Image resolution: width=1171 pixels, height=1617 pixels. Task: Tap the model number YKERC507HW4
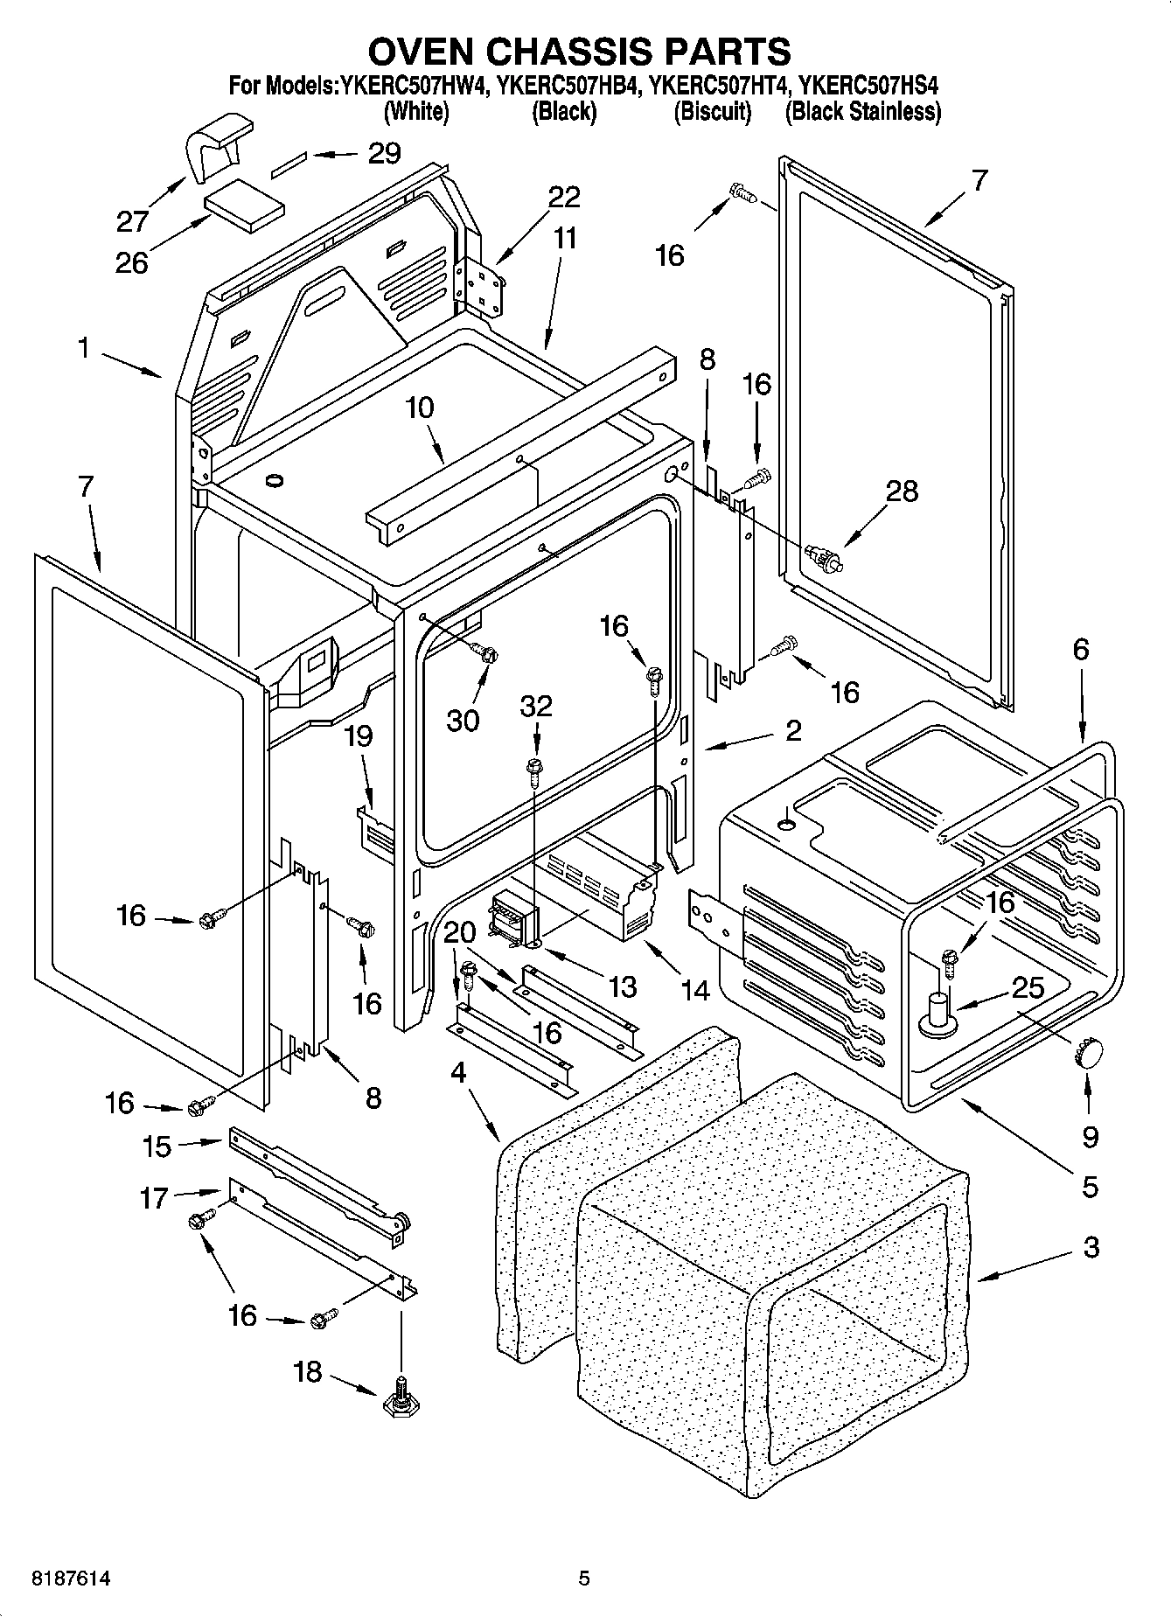point(412,87)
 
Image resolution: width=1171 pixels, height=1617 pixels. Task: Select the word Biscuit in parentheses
point(712,112)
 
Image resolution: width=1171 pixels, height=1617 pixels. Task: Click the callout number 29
point(383,154)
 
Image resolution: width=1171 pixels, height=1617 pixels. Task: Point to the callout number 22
point(563,197)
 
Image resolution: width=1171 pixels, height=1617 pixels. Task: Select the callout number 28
point(902,491)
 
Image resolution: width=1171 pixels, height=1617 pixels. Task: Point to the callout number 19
point(359,736)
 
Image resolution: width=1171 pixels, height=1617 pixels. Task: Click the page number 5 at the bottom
point(584,1579)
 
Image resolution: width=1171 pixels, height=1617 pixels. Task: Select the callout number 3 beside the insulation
point(1090,1247)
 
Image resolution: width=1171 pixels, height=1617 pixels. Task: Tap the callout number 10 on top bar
point(420,408)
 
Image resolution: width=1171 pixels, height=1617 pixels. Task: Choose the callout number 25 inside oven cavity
point(1028,988)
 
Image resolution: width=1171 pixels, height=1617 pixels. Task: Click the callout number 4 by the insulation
point(459,1072)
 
